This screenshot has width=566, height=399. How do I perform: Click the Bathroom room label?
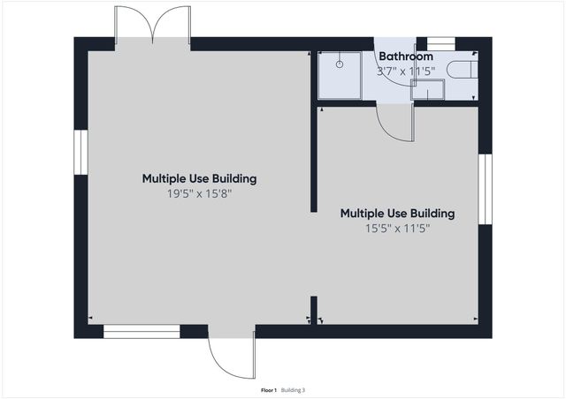click(x=406, y=56)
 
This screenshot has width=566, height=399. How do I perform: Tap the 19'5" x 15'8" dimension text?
click(x=199, y=193)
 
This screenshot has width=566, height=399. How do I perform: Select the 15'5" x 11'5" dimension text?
click(x=397, y=228)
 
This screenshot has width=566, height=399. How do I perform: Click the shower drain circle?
click(x=340, y=64)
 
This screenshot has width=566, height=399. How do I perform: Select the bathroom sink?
click(x=427, y=89)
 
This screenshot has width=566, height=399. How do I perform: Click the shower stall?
click(x=340, y=75)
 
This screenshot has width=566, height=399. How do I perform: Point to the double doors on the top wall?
click(x=153, y=26)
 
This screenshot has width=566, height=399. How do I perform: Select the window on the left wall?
click(x=80, y=155)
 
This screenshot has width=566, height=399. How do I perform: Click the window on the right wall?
click(x=484, y=189)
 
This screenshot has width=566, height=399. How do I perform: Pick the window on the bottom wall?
click(x=141, y=332)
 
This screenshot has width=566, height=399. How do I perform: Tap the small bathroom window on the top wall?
click(x=440, y=43)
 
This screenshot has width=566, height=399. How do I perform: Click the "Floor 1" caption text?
click(x=269, y=389)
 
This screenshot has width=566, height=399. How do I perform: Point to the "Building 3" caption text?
click(x=293, y=389)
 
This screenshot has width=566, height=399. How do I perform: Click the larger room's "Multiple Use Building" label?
click(x=199, y=178)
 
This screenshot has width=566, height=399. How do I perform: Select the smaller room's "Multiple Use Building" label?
click(x=397, y=213)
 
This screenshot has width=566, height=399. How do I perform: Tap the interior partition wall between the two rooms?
click(x=314, y=159)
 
